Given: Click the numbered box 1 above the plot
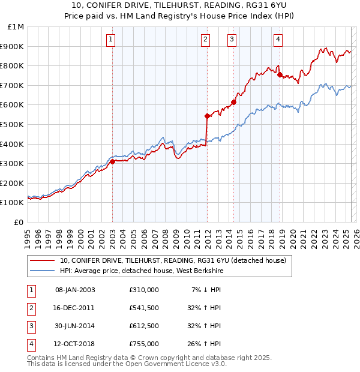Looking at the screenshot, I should pyautogui.click(x=112, y=40).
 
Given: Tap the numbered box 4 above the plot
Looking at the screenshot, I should pyautogui.click(x=278, y=40).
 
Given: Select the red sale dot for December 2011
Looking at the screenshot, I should pyautogui.click(x=207, y=116).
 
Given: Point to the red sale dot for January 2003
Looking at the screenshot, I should pyautogui.click(x=113, y=161).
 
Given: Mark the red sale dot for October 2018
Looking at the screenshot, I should pyautogui.click(x=280, y=74).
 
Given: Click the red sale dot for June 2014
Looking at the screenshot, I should pyautogui.click(x=234, y=102).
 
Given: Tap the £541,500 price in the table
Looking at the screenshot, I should pyautogui.click(x=144, y=308).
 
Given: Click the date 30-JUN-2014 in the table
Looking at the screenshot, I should pyautogui.click(x=75, y=326).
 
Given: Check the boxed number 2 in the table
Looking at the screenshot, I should pyautogui.click(x=29, y=308).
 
